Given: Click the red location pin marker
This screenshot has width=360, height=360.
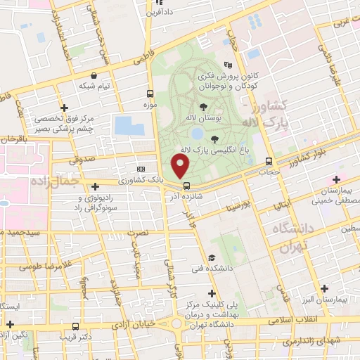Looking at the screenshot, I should (x=181, y=166).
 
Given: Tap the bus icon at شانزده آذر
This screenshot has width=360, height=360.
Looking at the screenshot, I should (x=186, y=186).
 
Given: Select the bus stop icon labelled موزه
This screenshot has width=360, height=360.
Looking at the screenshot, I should (x=150, y=94).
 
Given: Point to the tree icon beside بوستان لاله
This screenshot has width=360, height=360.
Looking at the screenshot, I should (x=204, y=107).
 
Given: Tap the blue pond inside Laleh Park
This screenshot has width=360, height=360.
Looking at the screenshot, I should (x=198, y=133).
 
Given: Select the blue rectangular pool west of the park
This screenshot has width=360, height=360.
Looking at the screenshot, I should (x=129, y=127).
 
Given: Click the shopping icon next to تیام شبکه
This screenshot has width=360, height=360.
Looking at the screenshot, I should (x=94, y=75).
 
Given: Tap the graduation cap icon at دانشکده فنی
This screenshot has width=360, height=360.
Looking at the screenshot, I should (x=212, y=259).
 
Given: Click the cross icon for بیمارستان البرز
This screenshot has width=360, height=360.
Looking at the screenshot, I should (x=324, y=288).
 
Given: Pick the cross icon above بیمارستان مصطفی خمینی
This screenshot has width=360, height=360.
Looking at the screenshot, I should (x=335, y=179).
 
